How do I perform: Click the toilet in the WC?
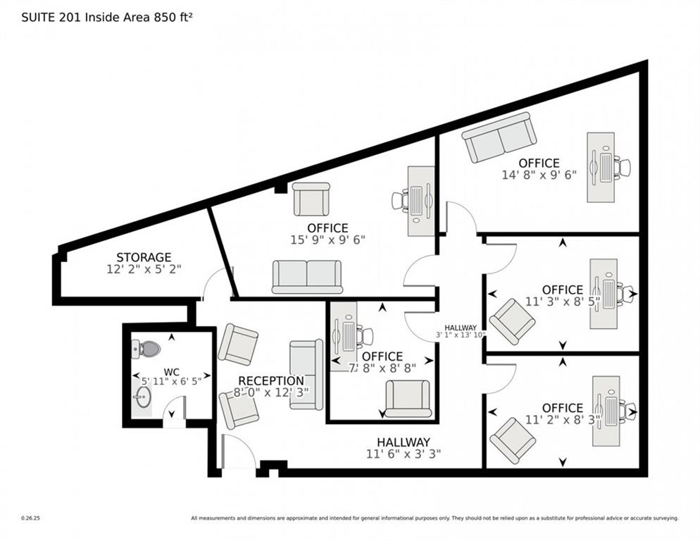(146, 348)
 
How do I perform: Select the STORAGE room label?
(144, 258)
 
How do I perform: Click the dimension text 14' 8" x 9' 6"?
(539, 175)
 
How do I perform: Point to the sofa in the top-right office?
(499, 137)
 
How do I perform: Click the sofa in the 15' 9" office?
(307, 276)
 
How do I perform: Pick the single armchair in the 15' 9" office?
(311, 199)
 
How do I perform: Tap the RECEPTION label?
(271, 381)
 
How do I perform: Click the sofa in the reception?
(307, 374)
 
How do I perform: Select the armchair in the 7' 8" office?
(408, 399)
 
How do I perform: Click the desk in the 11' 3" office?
(603, 293)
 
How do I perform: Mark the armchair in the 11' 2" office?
(513, 440)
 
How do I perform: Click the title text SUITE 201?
(51, 17)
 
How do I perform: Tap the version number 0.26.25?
(30, 518)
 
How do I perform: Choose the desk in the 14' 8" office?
(601, 167)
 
